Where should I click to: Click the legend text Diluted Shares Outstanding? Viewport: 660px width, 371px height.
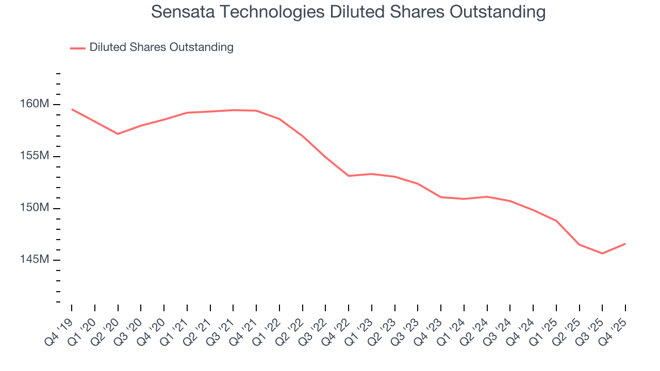coord(161,47)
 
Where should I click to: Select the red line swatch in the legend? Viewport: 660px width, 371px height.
coord(78,48)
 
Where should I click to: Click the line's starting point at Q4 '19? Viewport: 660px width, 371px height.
coord(72,109)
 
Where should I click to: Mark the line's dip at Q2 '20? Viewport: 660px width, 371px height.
coord(118,134)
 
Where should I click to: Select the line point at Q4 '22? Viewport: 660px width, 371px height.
coord(349,176)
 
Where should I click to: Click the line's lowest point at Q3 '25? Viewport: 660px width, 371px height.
coord(602,254)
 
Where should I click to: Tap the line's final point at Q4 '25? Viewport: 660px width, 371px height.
coord(625,244)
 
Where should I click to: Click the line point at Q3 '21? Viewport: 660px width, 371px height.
coord(233,110)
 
